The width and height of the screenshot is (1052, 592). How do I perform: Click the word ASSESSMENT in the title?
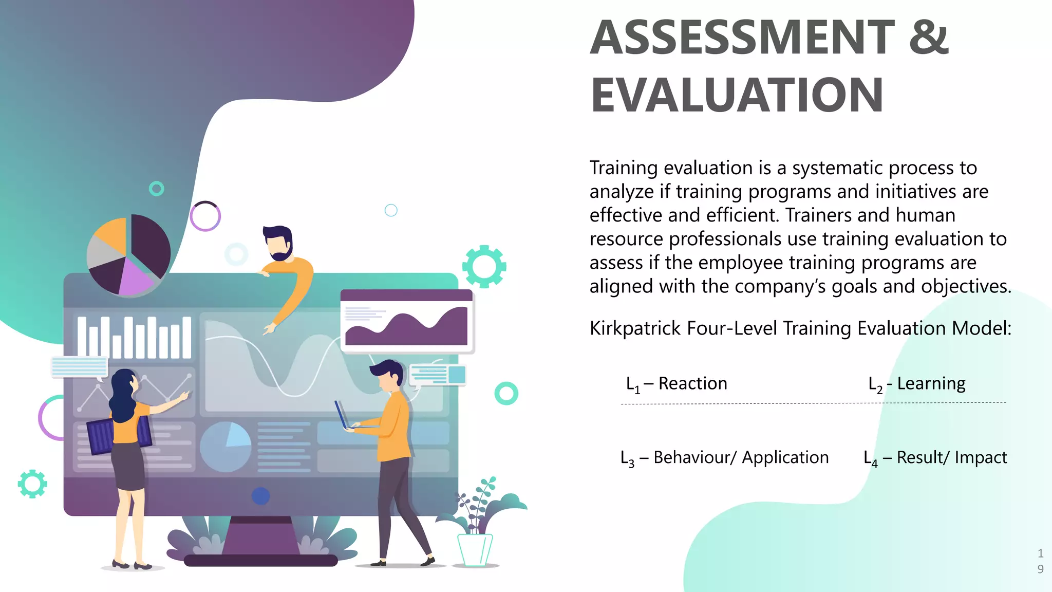click(742, 37)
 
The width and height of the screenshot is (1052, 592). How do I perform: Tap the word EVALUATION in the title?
click(737, 95)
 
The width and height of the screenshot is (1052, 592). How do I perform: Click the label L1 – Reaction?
click(677, 384)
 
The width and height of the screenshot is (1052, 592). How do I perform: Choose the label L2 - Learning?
click(917, 384)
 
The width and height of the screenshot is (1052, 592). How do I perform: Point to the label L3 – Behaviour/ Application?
click(724, 457)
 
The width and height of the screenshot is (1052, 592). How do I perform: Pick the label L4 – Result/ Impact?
click(935, 457)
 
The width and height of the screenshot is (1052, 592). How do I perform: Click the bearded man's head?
click(278, 243)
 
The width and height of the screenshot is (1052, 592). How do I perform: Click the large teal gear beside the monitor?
click(484, 266)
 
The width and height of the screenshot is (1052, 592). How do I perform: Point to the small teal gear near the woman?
click(32, 484)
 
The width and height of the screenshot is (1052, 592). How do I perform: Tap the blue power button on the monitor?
click(261, 496)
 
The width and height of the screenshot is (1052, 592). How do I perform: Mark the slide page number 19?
click(1040, 561)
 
